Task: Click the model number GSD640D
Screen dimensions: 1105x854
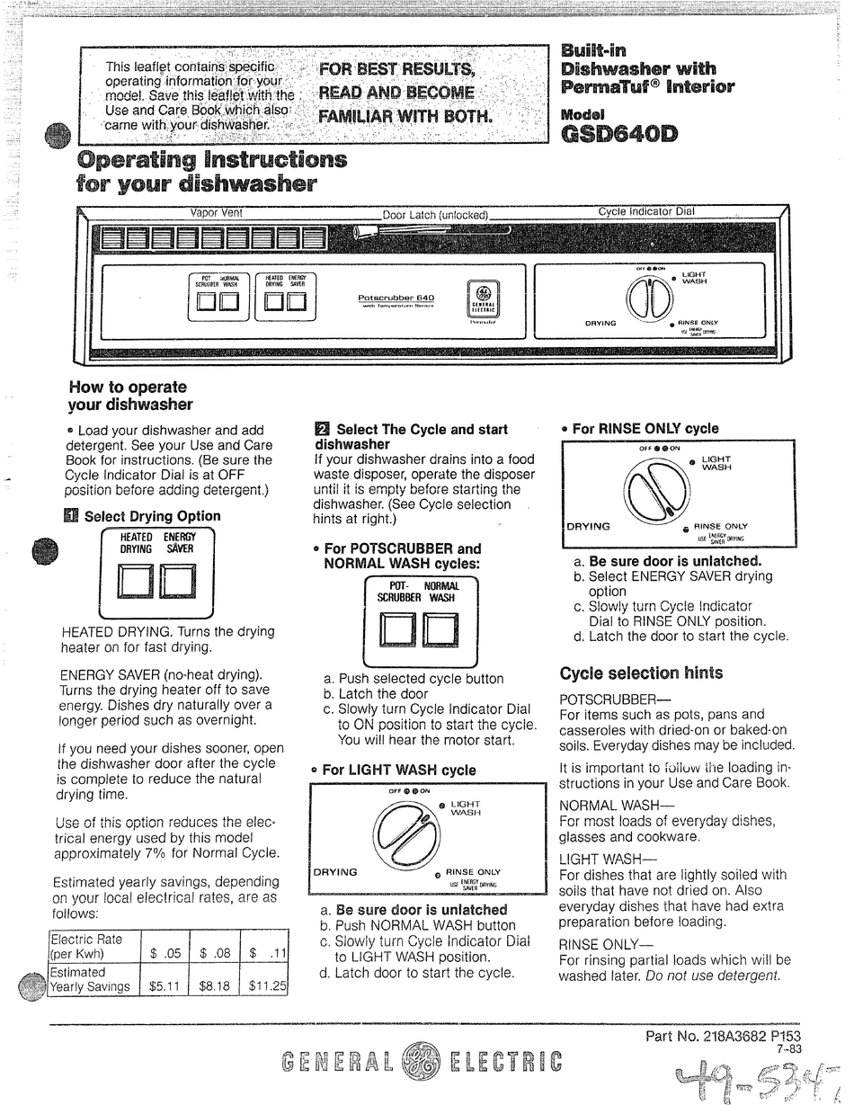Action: pos(619,136)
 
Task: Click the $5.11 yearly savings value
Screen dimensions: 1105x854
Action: pos(165,985)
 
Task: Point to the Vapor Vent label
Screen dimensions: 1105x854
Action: pos(216,213)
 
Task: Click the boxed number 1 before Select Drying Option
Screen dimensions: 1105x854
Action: pos(72,516)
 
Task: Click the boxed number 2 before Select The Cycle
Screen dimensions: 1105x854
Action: pos(322,430)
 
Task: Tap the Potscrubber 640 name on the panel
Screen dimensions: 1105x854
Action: pos(396,298)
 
